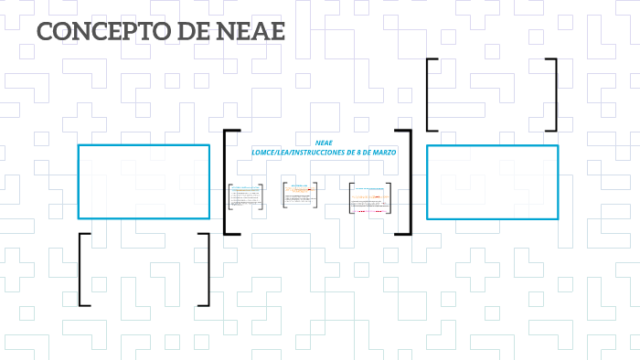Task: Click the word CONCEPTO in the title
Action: tap(99, 31)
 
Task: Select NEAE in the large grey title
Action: tap(251, 31)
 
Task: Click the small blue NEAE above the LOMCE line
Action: tap(324, 143)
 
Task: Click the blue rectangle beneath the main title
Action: tap(144, 181)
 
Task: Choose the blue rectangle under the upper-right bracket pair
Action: tap(492, 182)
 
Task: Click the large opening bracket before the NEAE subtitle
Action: tap(229, 183)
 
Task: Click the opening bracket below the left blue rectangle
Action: tap(83, 270)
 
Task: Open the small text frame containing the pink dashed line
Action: tap(370, 198)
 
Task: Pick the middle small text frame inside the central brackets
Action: tap(300, 195)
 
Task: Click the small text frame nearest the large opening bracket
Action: tap(246, 197)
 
